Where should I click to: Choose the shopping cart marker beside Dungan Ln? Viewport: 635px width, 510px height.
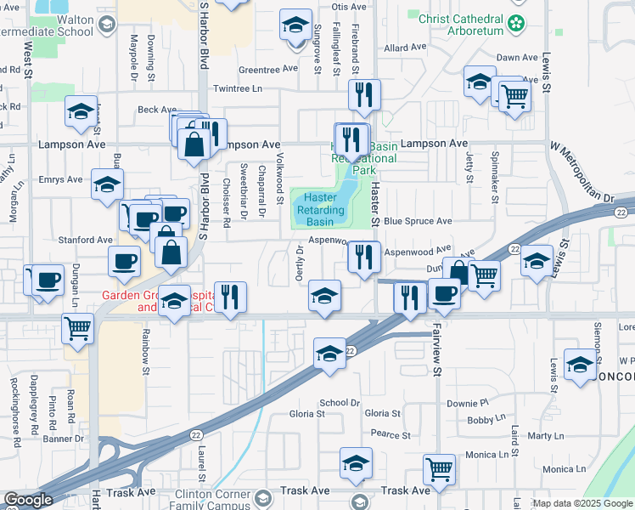point(78,326)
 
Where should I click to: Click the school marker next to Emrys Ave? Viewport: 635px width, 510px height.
point(107,184)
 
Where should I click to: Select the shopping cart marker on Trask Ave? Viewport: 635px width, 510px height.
point(439,468)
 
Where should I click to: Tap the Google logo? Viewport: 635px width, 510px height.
point(28,500)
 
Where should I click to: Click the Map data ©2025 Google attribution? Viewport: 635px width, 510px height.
point(582,503)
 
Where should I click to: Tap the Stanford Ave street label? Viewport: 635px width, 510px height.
point(85,240)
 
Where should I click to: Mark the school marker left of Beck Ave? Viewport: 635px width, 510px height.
point(81,110)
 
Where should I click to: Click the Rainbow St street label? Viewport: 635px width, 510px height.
point(146,351)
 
